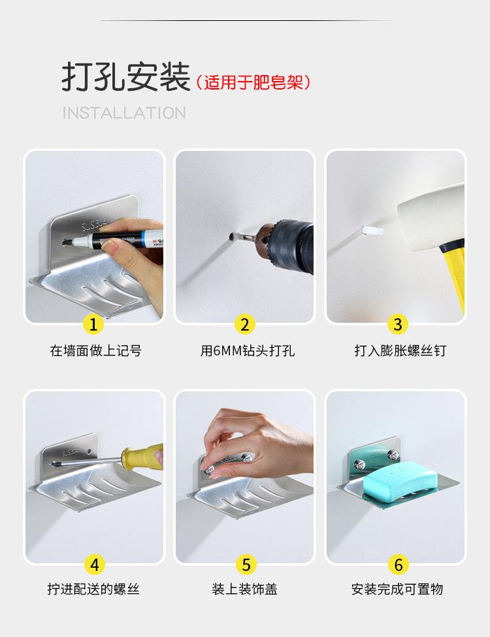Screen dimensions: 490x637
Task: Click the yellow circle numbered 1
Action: coord(93,324)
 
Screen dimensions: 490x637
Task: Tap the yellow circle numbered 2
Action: coord(244,324)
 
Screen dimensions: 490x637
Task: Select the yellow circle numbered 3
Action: coord(398,324)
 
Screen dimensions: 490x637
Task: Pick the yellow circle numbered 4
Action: coord(95,564)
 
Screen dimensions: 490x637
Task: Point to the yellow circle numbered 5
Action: coord(246,564)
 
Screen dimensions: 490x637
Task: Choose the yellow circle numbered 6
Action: coord(399,564)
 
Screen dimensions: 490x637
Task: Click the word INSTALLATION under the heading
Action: coord(124,113)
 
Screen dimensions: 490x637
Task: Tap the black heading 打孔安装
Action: coord(126,77)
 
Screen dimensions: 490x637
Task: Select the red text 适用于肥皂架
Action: coord(253,82)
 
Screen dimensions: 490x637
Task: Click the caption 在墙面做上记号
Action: coord(95,351)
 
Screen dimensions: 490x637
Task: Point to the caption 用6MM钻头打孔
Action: coord(248,351)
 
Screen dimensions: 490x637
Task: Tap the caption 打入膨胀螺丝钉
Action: coord(400,351)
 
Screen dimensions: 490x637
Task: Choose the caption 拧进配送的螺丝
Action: coord(93,589)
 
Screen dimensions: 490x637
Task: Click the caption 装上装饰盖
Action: coord(244,589)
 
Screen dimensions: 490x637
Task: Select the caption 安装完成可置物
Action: coord(397,589)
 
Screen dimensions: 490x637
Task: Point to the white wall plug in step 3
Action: coord(372,231)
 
